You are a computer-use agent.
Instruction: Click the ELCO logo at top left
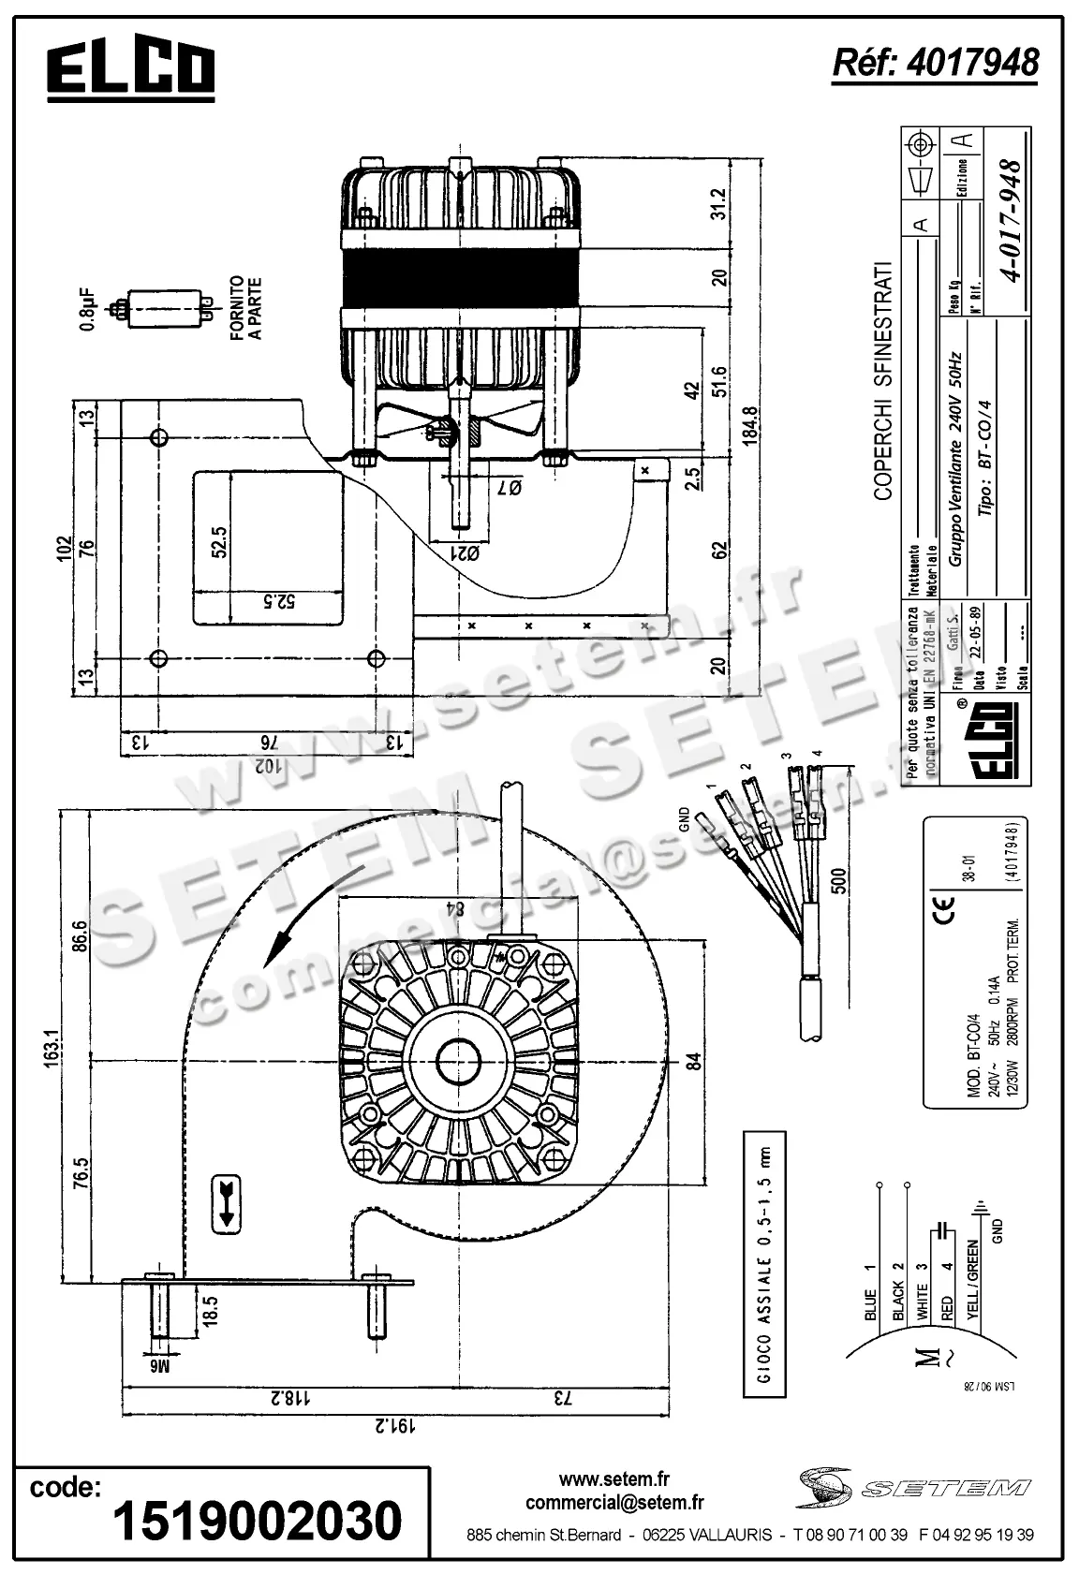tap(131, 70)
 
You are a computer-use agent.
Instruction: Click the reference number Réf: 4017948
tap(935, 62)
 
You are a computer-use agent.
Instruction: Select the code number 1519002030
tap(258, 1521)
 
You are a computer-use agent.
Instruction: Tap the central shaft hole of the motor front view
tap(460, 1062)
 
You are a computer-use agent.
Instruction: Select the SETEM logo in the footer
tap(914, 1487)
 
